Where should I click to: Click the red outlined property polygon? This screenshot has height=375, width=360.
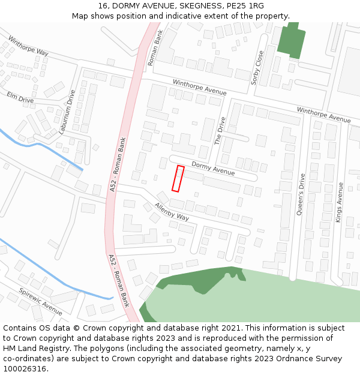coord(178,179)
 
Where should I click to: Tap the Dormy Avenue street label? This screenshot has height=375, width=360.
coord(213,168)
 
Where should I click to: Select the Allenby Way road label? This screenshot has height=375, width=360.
coord(172,212)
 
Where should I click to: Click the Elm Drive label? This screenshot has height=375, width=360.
coord(20,97)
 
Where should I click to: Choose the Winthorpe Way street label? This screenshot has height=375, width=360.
coord(28,46)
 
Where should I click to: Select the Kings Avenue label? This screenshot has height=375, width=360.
coord(340,203)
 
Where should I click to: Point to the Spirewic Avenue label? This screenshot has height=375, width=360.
coord(40,302)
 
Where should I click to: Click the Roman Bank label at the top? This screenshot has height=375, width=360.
coord(155,47)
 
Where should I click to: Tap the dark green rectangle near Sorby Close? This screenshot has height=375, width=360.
coord(292,41)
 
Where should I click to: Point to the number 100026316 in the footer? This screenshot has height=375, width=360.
coord(24,368)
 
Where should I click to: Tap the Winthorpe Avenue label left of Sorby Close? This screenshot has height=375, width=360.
coord(200,88)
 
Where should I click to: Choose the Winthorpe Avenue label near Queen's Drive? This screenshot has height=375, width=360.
coord(323,115)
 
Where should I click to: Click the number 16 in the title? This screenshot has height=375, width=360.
coord(102,5)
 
